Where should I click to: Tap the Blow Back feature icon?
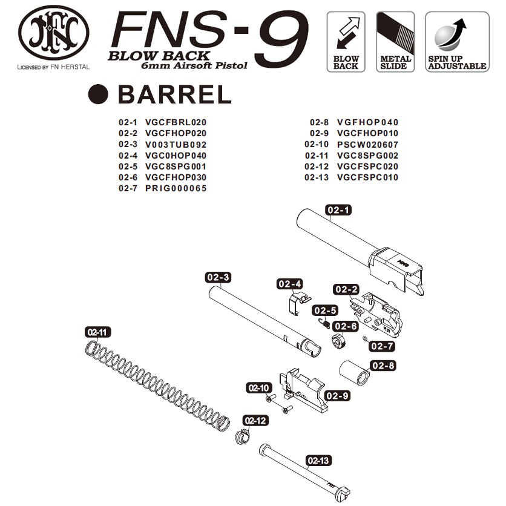tap(346, 41)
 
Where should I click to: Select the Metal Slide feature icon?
tap(395, 41)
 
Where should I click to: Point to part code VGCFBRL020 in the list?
tap(176, 122)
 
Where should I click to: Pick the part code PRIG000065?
tap(176, 188)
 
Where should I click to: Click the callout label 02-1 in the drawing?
tap(339, 210)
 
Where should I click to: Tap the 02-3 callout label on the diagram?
tap(218, 277)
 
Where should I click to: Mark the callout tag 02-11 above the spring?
tap(97, 332)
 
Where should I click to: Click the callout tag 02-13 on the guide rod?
tap(319, 461)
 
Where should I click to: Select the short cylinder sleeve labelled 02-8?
tap(354, 371)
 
